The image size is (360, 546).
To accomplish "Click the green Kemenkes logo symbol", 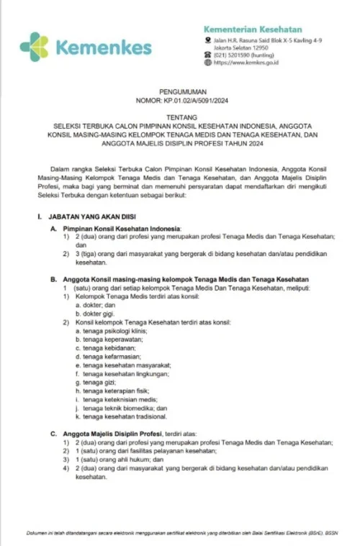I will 35,46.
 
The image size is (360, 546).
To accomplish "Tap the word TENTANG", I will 180,122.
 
